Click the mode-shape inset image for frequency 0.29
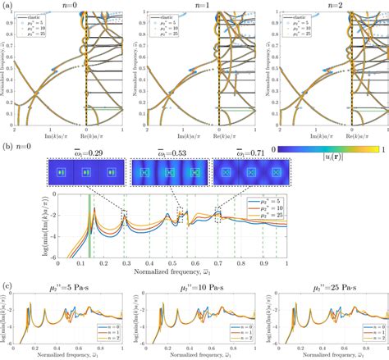click(x=80, y=175)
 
